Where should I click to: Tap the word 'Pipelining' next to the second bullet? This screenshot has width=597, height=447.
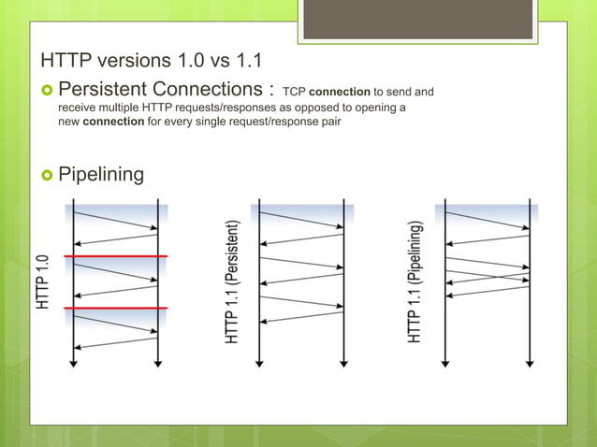click(101, 174)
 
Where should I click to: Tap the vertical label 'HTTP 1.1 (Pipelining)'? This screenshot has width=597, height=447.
click(415, 281)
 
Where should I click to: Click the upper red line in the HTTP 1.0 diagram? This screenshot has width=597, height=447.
click(115, 255)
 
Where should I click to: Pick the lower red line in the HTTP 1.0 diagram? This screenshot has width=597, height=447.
click(115, 308)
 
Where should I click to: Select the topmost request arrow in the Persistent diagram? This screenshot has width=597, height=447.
click(301, 220)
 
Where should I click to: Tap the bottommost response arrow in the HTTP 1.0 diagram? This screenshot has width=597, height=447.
click(115, 341)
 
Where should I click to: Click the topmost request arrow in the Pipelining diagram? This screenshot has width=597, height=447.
click(488, 220)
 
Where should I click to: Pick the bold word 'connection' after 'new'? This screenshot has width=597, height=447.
click(113, 124)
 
